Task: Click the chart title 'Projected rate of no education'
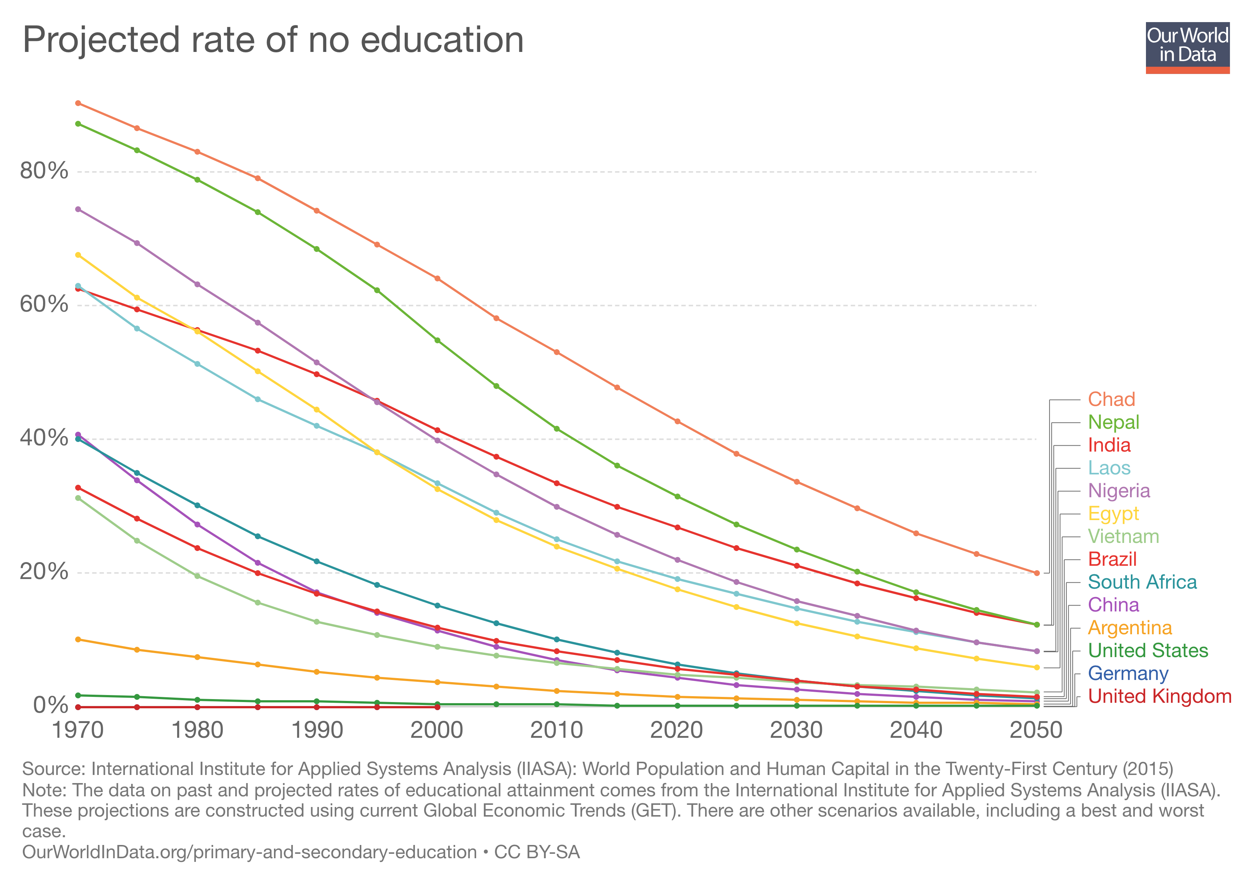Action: coord(272,41)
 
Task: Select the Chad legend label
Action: coord(1111,399)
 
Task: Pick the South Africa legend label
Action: coord(1142,582)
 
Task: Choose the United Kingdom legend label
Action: coord(1159,697)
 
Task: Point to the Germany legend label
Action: coord(1128,674)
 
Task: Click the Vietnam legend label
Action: coord(1123,537)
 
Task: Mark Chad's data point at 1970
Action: coord(78,103)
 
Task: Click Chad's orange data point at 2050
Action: coord(1037,573)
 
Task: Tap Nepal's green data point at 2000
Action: coord(437,340)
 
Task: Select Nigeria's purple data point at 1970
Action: coord(78,210)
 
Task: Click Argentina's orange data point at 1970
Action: coord(78,639)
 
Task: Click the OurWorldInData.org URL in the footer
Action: coord(249,852)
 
